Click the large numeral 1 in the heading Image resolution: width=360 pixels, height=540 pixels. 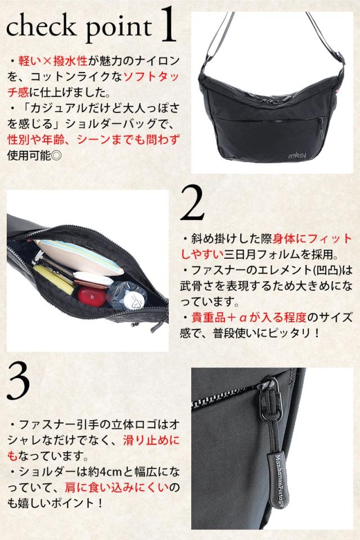click(168, 26)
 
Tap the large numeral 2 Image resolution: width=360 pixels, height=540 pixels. click(192, 203)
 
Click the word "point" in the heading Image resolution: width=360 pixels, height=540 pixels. click(119, 28)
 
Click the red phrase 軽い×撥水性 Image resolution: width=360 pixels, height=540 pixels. click(53, 61)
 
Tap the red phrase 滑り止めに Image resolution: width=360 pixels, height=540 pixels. click(151, 440)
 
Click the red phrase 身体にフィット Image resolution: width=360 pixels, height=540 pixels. click(312, 238)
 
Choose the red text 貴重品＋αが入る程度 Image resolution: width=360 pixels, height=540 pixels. click(249, 317)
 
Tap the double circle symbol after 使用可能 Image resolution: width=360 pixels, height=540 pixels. click(56, 155)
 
